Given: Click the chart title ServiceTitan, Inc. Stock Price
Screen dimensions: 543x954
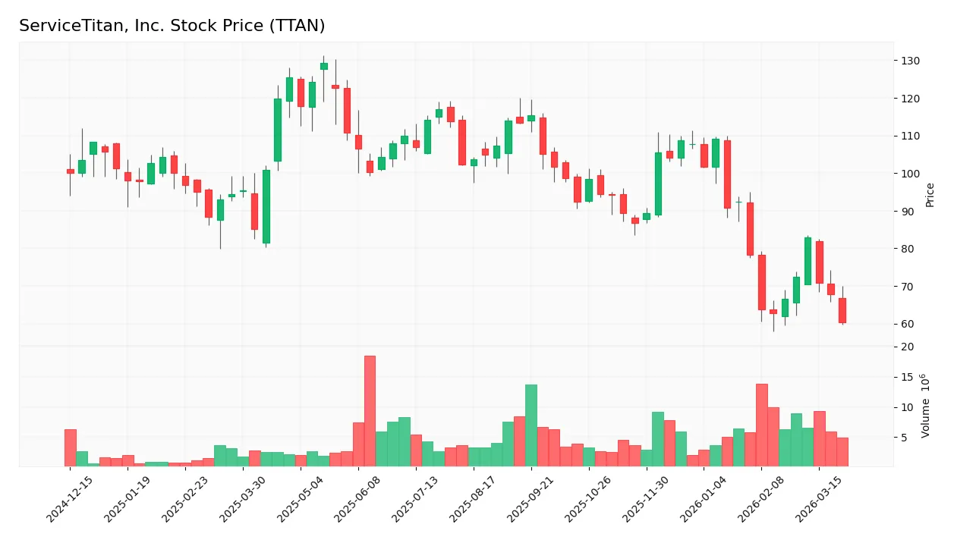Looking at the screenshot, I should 172,26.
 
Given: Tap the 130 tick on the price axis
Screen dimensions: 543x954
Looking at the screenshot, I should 911,61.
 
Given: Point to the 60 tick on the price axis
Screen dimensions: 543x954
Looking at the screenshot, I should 911,324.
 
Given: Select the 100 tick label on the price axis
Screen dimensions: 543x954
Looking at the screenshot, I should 911,174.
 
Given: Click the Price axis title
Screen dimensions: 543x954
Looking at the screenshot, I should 930,195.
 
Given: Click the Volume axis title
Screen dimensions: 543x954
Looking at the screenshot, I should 926,406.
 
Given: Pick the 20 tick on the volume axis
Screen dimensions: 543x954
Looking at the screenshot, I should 908,347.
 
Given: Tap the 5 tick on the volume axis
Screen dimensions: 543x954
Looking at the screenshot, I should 905,438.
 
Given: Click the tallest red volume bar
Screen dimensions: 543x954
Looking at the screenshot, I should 370,411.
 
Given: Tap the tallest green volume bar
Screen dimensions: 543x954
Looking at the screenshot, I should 531,425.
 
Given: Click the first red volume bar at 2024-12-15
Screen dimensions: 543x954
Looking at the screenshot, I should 71,448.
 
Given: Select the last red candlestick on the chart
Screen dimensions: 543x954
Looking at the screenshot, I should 842,310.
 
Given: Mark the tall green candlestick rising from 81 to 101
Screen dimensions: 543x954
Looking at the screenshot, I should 266,206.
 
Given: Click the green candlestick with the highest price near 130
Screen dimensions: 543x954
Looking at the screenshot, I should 324,66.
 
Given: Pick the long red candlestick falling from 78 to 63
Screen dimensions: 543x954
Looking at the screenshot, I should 761,282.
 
